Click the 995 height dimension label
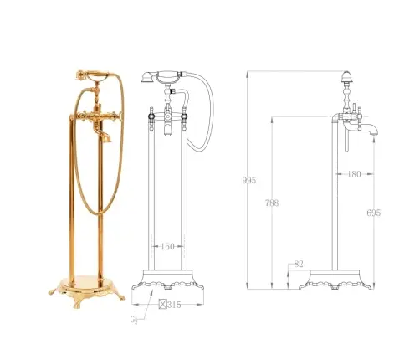click(248, 181)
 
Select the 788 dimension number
click(272, 203)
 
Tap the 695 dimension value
click(373, 213)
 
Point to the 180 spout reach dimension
click(354, 174)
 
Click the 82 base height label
click(299, 264)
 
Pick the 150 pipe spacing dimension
click(167, 246)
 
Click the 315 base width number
click(174, 305)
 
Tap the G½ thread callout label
click(134, 319)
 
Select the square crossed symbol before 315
click(162, 304)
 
